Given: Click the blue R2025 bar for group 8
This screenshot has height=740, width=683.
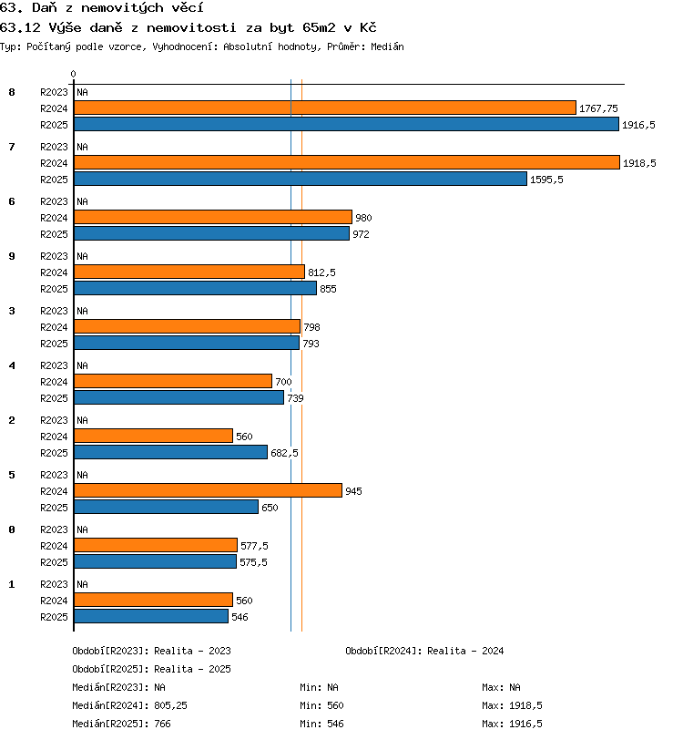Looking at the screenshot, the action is (346, 124).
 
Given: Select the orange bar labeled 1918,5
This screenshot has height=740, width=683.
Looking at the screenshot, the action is (347, 162).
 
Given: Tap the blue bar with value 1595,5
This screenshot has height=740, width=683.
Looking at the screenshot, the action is (301, 179).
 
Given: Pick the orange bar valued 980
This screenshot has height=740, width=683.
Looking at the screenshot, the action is (213, 217).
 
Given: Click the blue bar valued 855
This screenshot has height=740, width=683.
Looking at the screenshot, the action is (195, 288).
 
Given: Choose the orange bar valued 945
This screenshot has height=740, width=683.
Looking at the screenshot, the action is (208, 490).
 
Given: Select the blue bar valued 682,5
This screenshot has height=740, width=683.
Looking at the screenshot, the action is (171, 452).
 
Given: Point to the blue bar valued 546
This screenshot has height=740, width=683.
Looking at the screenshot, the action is (151, 616).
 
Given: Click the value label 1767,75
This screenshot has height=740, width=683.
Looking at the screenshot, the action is (598, 108).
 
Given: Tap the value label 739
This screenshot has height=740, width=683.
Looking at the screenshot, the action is (295, 398).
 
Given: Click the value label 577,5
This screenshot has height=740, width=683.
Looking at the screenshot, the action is (254, 546).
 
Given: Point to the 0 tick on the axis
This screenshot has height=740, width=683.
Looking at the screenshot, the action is (73, 74).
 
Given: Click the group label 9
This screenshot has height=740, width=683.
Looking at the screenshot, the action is (12, 256).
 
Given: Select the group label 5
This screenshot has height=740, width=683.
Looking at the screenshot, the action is (12, 475).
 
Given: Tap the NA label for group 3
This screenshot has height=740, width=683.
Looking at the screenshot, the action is (83, 311).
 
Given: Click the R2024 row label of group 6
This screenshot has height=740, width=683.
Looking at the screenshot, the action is (54, 218).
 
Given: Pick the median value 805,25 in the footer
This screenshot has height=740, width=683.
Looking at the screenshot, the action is (171, 705).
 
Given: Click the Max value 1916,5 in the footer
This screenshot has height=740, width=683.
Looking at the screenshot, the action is (526, 724).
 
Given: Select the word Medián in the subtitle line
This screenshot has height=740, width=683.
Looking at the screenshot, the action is (387, 46).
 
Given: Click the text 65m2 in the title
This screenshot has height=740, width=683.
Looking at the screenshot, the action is (319, 27).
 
